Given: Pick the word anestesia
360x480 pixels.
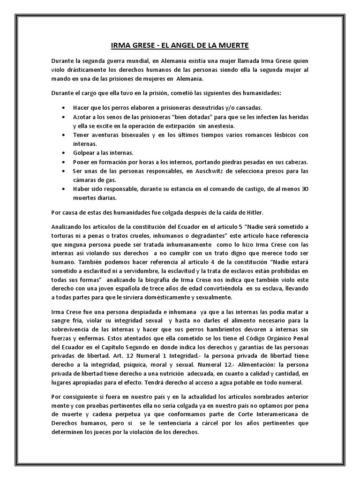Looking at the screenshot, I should coord(223,126).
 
